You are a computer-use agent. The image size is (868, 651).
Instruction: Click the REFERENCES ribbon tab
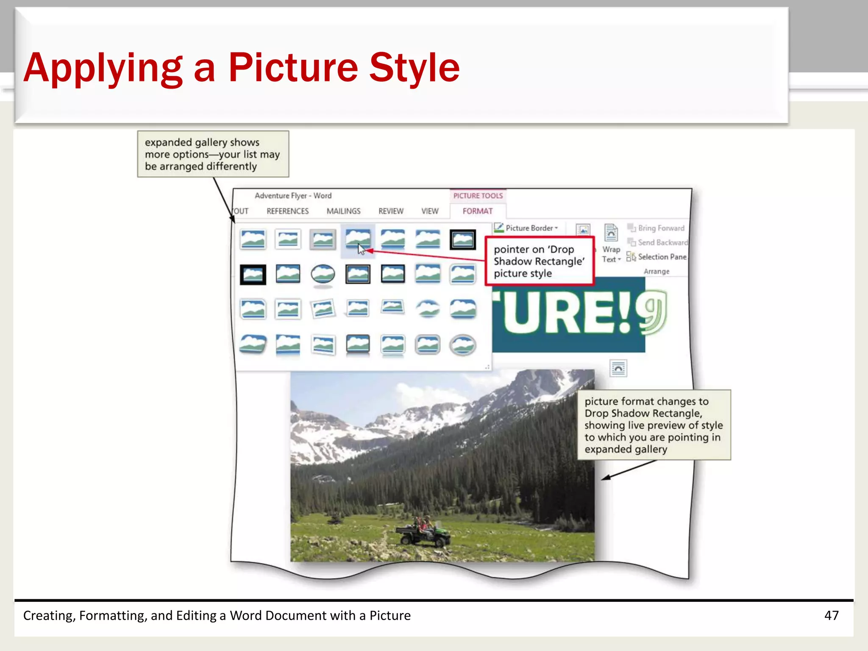287,211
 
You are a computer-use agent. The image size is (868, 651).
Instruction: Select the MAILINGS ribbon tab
343,211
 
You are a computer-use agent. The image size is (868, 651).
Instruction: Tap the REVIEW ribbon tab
391,211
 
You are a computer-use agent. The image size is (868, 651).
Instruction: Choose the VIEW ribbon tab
430,211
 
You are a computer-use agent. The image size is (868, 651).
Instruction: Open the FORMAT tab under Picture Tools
478,211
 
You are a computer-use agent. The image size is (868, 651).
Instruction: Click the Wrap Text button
611,244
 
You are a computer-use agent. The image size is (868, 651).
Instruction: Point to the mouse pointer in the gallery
361,249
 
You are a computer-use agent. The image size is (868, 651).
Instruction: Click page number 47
831,615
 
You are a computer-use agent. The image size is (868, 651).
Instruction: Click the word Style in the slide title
414,67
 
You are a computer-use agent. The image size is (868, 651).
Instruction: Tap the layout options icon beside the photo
618,368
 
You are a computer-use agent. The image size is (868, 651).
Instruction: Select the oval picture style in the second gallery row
323,274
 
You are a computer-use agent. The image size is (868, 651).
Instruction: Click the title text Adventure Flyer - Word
293,196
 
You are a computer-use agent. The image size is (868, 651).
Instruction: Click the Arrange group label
657,271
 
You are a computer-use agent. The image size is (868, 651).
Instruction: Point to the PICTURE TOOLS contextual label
478,196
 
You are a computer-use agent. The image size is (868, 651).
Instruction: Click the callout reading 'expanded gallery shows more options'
213,154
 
